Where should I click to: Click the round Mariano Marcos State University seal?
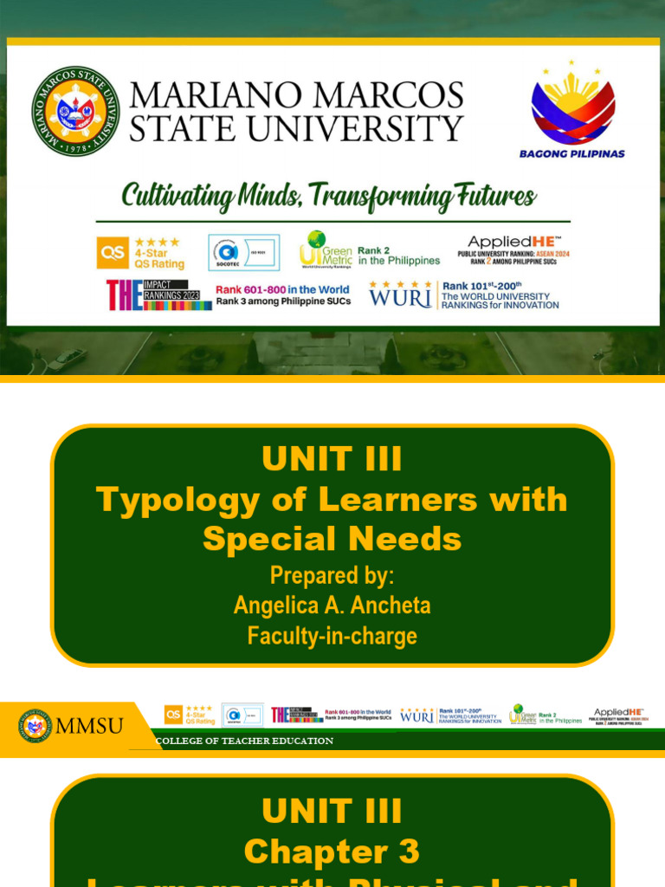tap(76, 110)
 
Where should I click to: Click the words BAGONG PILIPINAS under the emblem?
tap(571, 154)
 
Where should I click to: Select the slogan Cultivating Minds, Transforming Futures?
tap(328, 196)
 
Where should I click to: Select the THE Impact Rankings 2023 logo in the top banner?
tap(158, 295)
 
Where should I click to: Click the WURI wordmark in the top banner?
tap(400, 296)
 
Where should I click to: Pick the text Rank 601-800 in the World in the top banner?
tap(282, 289)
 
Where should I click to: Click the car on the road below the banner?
tap(67, 359)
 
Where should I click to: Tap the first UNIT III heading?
tap(332, 459)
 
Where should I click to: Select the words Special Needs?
tap(332, 539)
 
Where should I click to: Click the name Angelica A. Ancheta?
tap(332, 605)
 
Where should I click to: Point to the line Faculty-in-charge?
tap(332, 636)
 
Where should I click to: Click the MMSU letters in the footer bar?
tap(89, 725)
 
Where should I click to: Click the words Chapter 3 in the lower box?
tap(332, 851)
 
